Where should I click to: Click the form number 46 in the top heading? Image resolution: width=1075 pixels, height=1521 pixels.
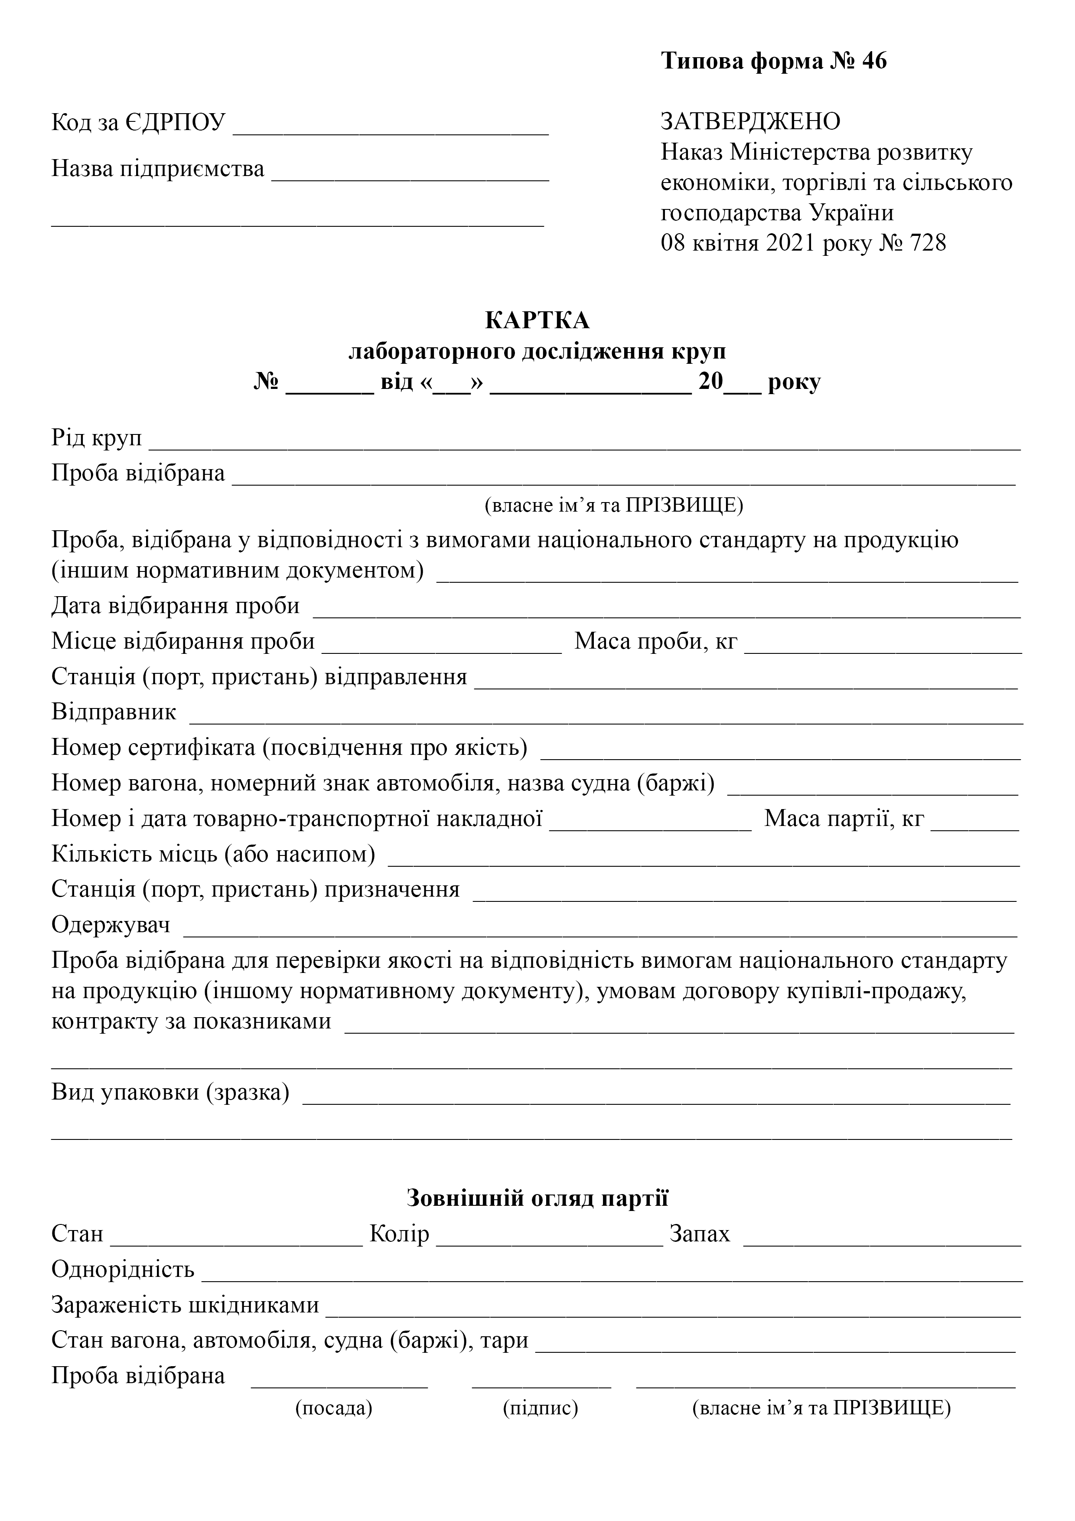(x=874, y=61)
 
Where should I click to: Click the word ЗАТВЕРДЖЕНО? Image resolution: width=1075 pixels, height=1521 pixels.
(x=750, y=121)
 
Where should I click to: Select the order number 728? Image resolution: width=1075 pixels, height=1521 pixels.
(x=928, y=243)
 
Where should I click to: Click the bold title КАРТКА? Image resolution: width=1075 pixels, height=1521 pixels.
(x=537, y=320)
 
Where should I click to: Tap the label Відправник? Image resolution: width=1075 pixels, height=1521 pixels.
(x=114, y=712)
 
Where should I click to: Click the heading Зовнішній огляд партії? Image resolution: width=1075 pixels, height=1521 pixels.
(x=537, y=1198)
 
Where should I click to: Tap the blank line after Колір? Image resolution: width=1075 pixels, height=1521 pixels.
(x=549, y=1241)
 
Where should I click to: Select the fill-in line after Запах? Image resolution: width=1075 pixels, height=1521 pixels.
(x=882, y=1241)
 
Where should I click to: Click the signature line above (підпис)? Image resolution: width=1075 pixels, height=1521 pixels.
(x=541, y=1383)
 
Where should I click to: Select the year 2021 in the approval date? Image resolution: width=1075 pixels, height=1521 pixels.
(x=791, y=243)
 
